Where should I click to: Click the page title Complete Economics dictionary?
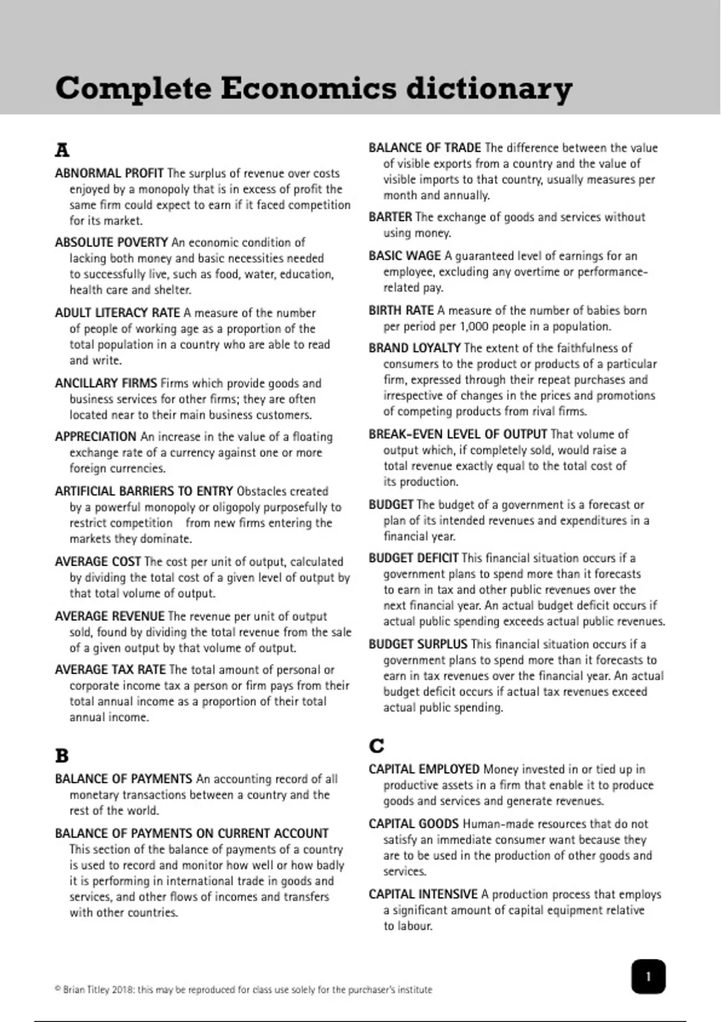pos(313,88)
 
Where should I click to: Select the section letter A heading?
pos(62,150)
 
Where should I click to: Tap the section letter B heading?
pos(62,756)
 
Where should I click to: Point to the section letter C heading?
pos(376,746)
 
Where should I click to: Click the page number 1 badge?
pos(648,976)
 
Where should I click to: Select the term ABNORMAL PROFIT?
pos(109,173)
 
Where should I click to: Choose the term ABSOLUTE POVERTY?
pos(111,242)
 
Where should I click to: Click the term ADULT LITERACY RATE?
pos(117,313)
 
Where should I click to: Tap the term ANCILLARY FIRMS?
pos(106,383)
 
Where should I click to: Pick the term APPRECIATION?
pos(96,436)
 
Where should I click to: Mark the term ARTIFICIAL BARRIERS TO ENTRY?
pos(144,491)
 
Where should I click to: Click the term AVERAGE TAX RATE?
pos(110,670)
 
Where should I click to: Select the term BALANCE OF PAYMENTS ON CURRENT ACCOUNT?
pos(192,833)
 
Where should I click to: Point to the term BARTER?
pos(390,217)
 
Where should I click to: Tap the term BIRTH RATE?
pos(401,310)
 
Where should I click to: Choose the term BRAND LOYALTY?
pos(414,348)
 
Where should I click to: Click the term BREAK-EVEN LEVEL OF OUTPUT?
pos(457,434)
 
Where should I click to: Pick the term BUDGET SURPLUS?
pos(418,644)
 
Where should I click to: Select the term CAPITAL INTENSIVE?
pos(422,894)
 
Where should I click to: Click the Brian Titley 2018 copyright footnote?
pos(243,990)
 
